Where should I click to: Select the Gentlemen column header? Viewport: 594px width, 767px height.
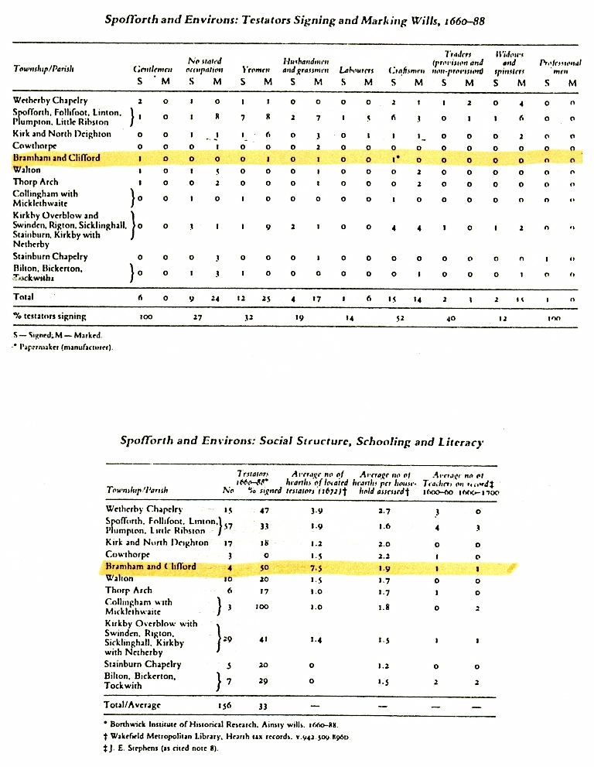click(152, 69)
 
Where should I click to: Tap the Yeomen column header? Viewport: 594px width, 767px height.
click(255, 69)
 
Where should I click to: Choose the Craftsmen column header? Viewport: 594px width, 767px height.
click(408, 69)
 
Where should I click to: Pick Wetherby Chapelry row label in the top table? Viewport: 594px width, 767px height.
click(50, 101)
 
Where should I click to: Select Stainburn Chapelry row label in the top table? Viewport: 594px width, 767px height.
click(50, 256)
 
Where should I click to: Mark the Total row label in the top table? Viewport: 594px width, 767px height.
click(24, 296)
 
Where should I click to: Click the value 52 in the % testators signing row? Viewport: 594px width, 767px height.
click(401, 317)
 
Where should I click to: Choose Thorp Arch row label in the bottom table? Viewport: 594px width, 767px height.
click(128, 591)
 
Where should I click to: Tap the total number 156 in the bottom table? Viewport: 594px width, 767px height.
click(228, 705)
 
